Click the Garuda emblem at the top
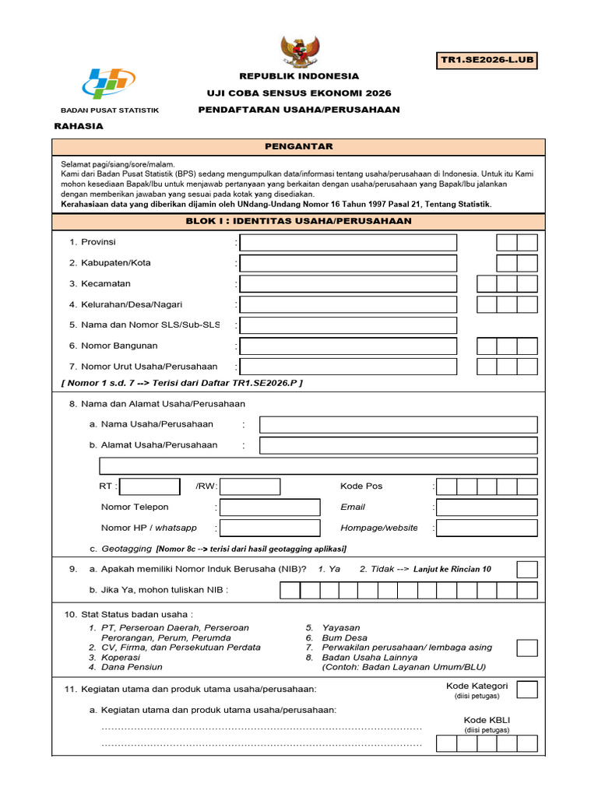[x=298, y=51]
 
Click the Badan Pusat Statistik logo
[x=109, y=83]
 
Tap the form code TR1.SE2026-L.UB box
[x=487, y=60]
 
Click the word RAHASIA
[x=78, y=125]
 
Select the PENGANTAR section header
[x=299, y=146]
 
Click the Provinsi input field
[x=348, y=243]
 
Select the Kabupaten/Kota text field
[x=348, y=263]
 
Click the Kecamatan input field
[x=348, y=284]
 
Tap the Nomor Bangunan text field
[x=348, y=346]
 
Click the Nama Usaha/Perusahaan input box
[x=398, y=424]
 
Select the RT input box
[x=150, y=486]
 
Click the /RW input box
[x=250, y=486]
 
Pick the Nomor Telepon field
[x=269, y=507]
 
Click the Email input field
[x=487, y=507]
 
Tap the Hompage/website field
[x=487, y=528]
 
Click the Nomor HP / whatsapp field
[x=269, y=528]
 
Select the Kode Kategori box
[x=527, y=690]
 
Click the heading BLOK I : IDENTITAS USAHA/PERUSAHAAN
[x=299, y=221]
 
